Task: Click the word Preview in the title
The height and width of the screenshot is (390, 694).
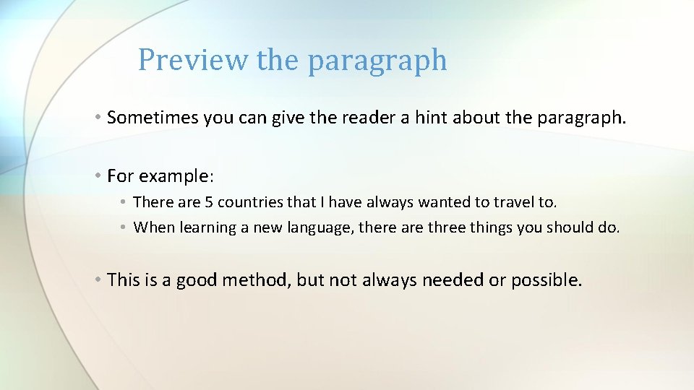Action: click(192, 60)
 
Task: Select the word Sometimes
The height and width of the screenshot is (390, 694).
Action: click(153, 118)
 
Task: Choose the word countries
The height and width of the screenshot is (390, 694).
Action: click(248, 202)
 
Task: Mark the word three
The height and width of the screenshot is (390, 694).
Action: click(452, 227)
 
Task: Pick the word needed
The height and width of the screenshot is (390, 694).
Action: click(453, 279)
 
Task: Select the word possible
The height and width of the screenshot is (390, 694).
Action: click(546, 280)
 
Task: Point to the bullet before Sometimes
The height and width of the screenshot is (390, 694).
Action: click(97, 118)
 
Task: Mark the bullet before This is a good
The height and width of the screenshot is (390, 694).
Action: click(97, 279)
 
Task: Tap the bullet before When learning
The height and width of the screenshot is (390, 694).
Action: click(124, 227)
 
